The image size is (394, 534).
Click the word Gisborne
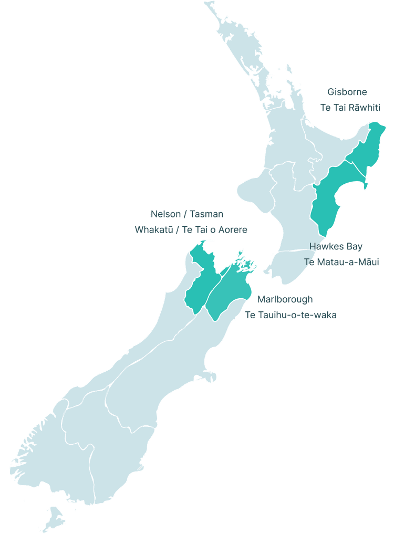347,92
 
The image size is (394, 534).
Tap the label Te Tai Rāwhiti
350,108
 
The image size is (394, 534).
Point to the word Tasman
206,214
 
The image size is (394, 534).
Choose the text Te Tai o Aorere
215,230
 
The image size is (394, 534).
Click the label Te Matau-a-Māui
341,262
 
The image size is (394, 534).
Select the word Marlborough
285,299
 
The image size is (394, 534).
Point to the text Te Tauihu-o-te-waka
291,315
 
